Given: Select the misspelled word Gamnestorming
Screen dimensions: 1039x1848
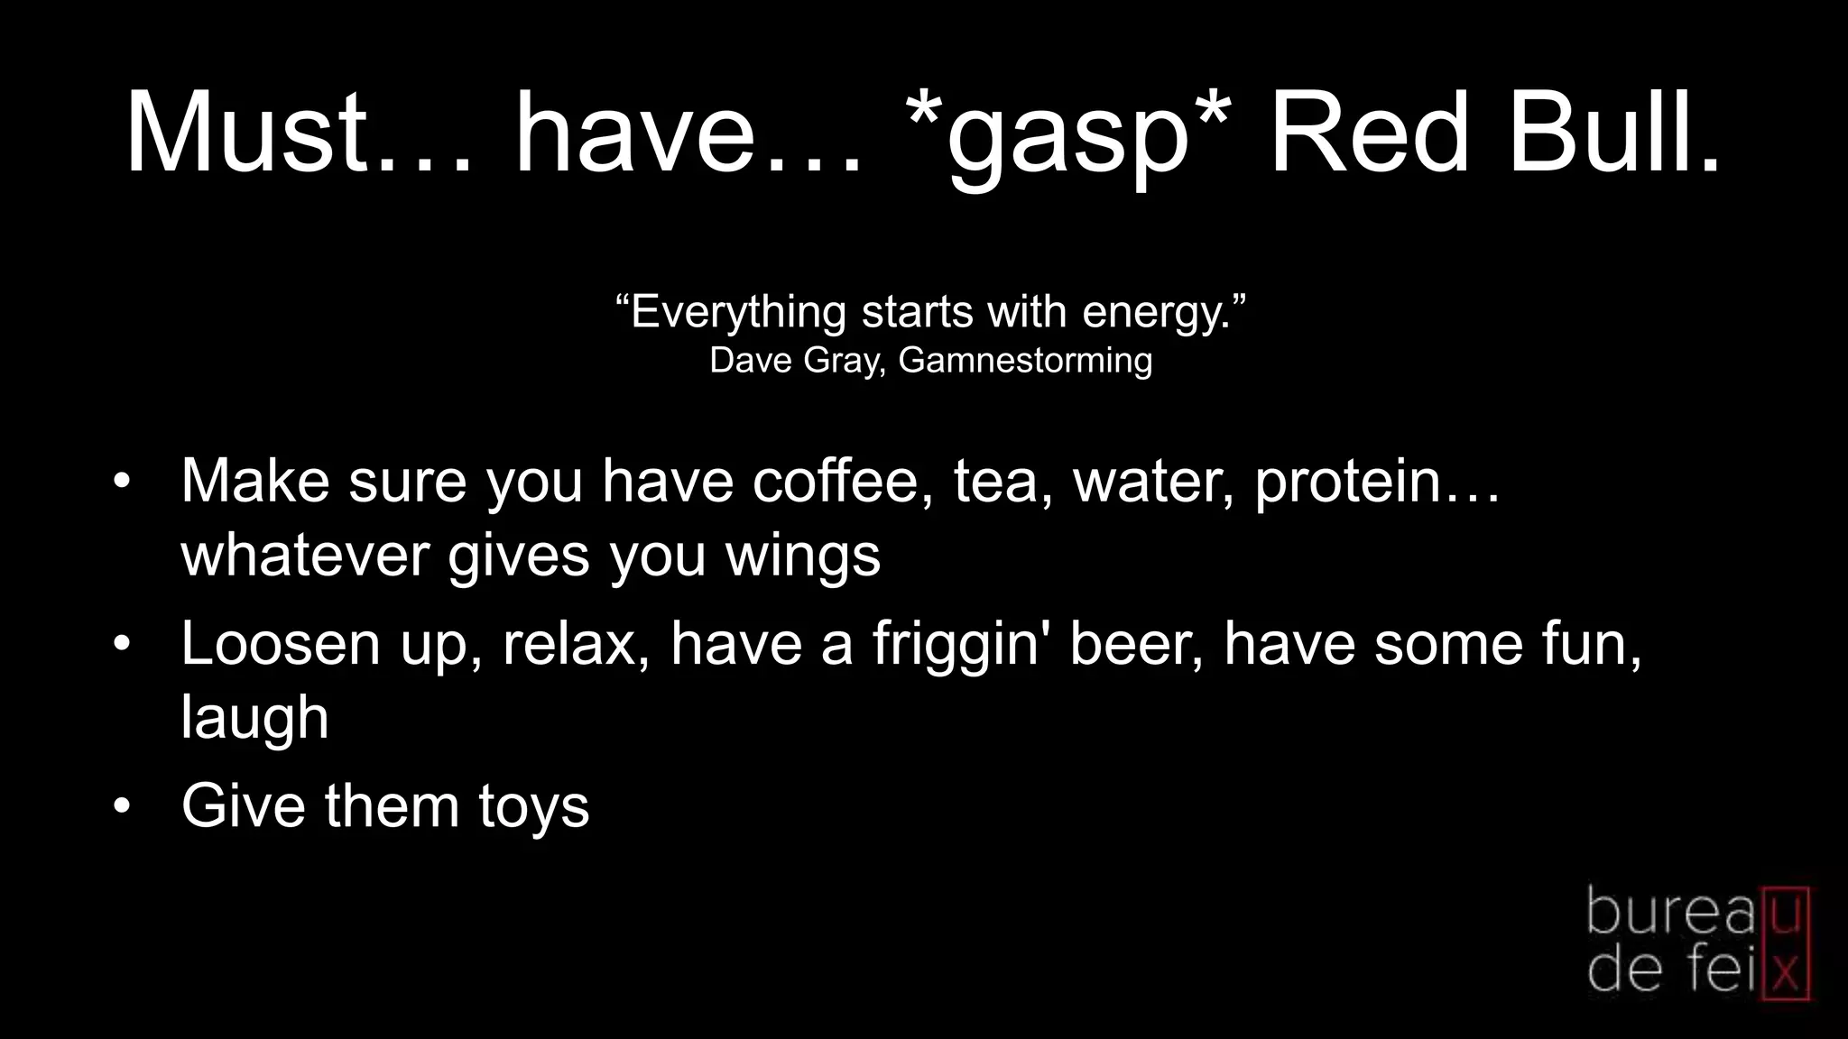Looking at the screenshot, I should click(1025, 360).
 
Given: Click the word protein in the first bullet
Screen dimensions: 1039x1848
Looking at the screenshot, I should click(1349, 483).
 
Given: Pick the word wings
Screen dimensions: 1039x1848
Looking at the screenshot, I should click(802, 556).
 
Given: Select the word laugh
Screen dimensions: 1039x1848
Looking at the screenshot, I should click(254, 719).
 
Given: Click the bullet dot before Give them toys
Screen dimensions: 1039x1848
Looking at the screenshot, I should click(123, 805).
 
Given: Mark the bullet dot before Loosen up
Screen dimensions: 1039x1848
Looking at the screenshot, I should click(123, 644).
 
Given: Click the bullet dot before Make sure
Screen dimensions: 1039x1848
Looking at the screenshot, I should click(123, 481).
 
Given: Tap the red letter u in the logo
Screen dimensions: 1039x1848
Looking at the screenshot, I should click(1785, 913).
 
